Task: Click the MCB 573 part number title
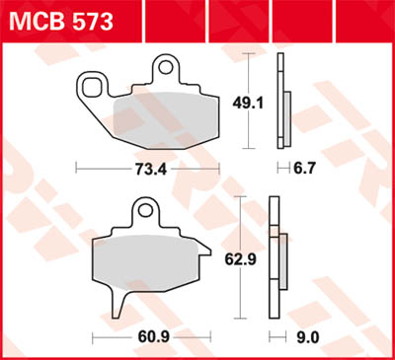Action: [61, 20]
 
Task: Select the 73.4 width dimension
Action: [147, 169]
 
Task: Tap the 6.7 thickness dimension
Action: [306, 169]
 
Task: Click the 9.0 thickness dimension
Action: [307, 337]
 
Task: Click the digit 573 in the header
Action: [88, 20]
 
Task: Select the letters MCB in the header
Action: [36, 20]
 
